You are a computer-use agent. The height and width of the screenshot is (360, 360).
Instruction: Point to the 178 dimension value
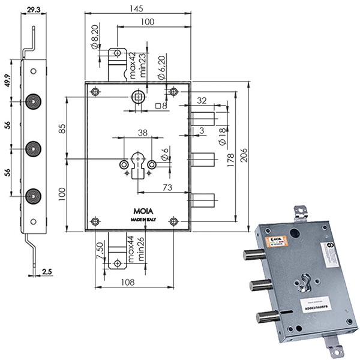[x=231, y=160]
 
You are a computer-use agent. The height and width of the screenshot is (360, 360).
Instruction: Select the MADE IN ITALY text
[x=139, y=221]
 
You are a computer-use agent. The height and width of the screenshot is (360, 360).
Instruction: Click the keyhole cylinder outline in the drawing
[x=137, y=165]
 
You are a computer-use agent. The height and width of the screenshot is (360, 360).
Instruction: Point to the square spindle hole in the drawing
[x=139, y=97]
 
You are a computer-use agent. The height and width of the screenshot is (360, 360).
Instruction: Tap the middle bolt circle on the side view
[x=33, y=147]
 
